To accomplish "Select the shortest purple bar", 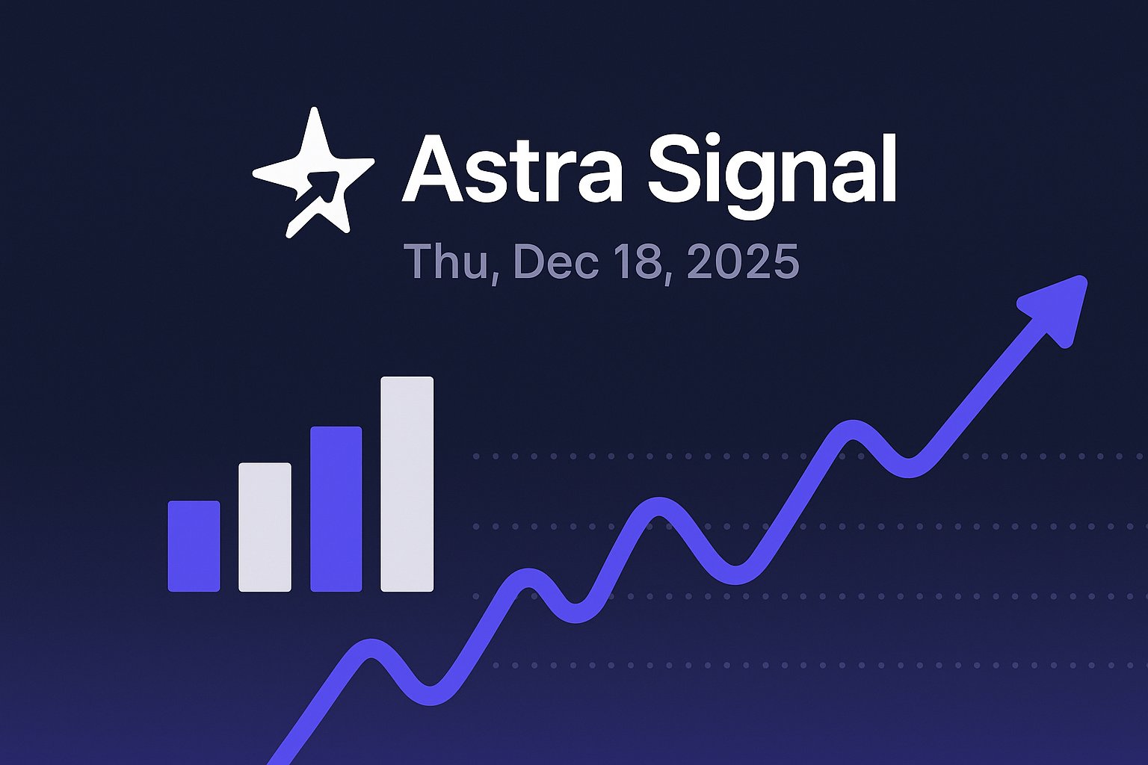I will (194, 546).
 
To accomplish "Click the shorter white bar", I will (265, 527).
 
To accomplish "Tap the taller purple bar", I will (336, 509).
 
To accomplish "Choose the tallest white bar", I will (407, 484).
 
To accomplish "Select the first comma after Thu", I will (494, 276).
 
